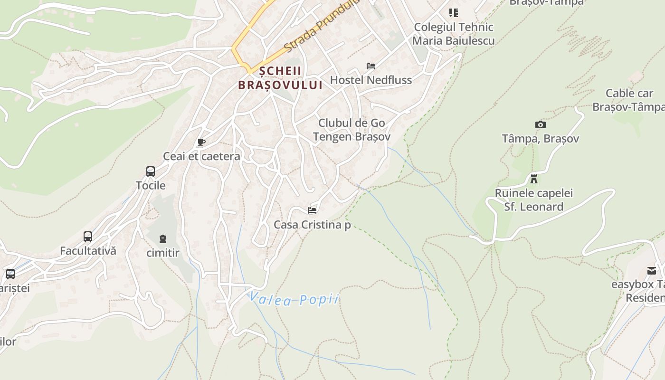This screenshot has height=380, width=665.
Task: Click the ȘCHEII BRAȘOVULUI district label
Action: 280,78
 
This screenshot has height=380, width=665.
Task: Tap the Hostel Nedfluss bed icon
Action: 371,66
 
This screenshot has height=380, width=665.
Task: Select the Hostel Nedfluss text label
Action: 371,80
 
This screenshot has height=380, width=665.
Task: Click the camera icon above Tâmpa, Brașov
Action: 541,125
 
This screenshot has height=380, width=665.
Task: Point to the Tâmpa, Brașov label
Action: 541,139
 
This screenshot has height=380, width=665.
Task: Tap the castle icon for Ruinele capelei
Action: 534,179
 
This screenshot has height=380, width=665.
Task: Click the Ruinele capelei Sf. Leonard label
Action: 534,200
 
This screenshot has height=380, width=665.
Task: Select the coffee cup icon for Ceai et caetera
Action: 201,142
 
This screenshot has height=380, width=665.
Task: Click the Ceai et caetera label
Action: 201,156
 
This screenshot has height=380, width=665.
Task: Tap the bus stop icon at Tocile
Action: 151,171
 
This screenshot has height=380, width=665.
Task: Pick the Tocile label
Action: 151,185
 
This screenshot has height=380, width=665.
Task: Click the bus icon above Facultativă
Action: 88,237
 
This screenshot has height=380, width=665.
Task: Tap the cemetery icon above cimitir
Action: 163,238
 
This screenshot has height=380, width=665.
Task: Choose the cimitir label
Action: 163,253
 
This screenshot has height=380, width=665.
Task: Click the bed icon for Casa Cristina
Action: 312,210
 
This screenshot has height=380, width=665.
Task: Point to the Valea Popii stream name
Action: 294,299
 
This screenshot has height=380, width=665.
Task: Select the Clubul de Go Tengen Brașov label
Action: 351,130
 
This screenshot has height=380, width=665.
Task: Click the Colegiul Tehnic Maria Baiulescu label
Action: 454,34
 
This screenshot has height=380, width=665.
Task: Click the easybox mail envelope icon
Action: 652,271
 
